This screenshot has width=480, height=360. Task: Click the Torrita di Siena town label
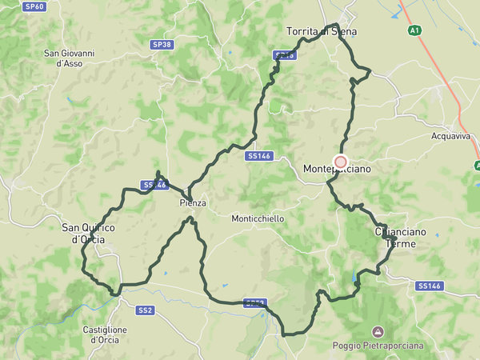(x=322, y=32)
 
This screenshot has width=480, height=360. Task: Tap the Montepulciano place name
(x=337, y=170)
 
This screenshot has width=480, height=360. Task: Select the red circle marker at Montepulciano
(x=340, y=162)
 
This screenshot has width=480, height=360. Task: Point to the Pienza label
(x=193, y=203)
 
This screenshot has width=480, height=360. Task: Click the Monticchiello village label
(x=258, y=218)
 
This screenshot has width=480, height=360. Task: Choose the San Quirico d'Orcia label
(x=88, y=233)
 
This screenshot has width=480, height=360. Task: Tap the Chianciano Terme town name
(x=401, y=237)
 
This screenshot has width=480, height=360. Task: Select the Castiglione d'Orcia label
(x=106, y=334)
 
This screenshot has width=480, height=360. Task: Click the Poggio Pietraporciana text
(x=378, y=346)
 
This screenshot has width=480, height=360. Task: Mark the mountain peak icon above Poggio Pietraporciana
(x=378, y=331)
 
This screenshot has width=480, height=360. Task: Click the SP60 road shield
(x=34, y=6)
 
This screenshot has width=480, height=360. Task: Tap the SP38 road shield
(x=162, y=45)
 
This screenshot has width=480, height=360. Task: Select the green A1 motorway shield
(x=414, y=30)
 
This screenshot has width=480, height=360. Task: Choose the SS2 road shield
(x=145, y=310)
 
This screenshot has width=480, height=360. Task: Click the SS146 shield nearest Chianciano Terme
(x=430, y=286)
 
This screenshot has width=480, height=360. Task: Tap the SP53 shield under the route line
(x=254, y=303)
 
